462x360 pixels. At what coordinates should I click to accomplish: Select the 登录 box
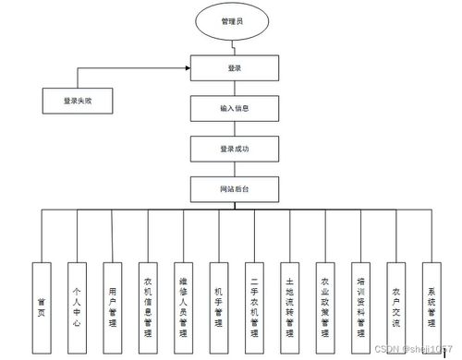[233, 67]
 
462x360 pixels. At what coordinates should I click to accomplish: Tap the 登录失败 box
[79, 100]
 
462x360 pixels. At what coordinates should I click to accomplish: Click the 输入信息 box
[233, 108]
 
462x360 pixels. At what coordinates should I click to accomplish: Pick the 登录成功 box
[233, 148]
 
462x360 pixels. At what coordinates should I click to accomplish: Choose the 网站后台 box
[233, 188]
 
